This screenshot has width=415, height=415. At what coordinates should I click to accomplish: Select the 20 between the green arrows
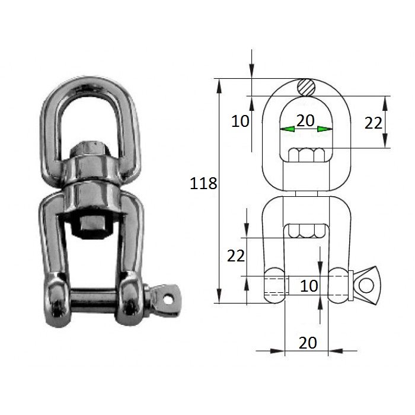click(x=305, y=121)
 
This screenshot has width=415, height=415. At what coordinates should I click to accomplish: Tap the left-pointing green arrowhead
click(x=288, y=129)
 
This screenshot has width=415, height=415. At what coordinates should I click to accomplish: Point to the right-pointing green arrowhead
click(x=324, y=129)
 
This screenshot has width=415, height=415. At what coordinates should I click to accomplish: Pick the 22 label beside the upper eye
click(x=373, y=123)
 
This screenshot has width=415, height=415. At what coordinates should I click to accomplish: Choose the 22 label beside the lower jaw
click(x=237, y=256)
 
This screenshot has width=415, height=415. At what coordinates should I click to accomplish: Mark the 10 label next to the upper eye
click(x=240, y=122)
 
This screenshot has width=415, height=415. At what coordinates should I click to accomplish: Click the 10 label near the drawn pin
click(x=309, y=286)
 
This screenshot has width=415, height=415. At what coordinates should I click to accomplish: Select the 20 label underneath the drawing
click(x=308, y=342)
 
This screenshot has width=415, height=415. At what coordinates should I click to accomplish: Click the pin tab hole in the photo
click(x=169, y=299)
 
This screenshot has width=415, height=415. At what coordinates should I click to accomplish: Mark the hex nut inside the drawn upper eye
click(x=306, y=155)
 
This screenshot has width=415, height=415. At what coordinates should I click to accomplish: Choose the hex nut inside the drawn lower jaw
click(x=306, y=231)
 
